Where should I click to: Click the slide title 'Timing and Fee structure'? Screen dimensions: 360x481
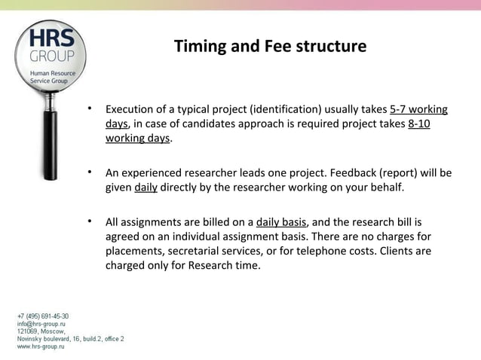(x=270, y=47)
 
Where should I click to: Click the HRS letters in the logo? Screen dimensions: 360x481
(x=52, y=38)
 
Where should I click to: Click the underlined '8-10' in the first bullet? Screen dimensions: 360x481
(x=418, y=124)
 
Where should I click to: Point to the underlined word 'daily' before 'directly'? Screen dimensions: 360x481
(x=146, y=188)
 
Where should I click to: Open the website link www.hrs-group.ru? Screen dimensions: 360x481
(x=41, y=346)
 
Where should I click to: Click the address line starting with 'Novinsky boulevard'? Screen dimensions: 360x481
(x=71, y=339)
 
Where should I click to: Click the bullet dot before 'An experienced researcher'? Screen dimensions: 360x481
(x=90, y=172)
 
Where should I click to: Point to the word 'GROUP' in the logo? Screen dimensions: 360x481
(x=52, y=56)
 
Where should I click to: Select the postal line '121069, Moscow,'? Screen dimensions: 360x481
(x=41, y=331)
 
